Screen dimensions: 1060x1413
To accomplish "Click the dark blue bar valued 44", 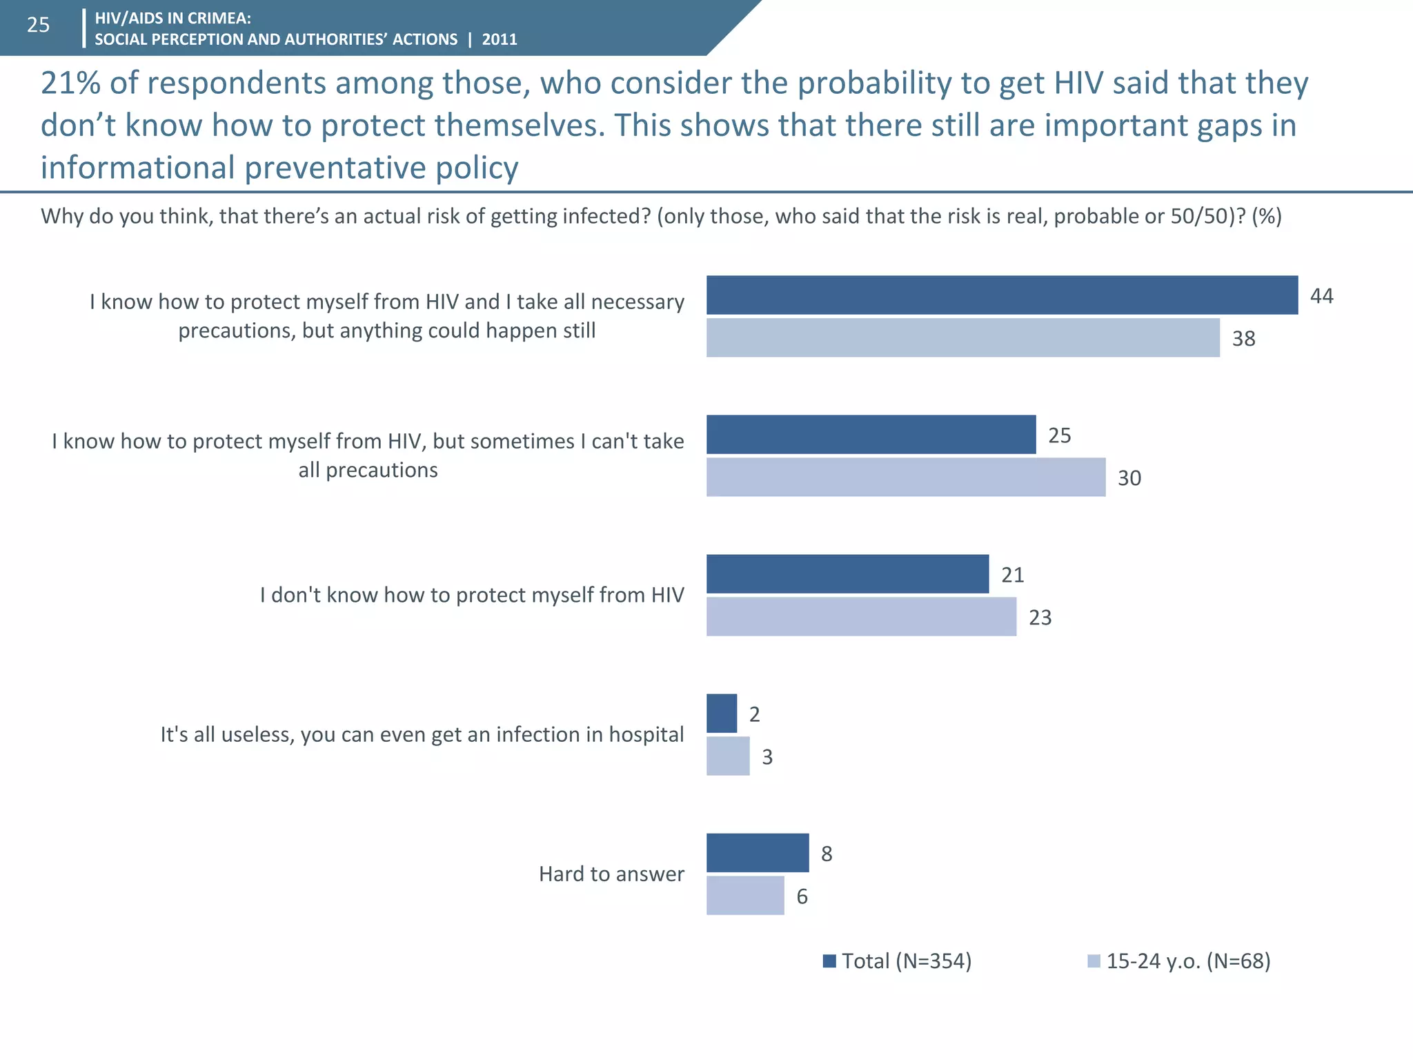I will point(1002,295).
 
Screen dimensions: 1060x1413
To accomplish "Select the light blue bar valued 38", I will point(962,338).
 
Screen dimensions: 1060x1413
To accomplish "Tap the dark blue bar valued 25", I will point(871,435).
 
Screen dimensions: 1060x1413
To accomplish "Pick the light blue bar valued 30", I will point(905,478).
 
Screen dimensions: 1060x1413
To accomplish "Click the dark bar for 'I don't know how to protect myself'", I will point(847,574).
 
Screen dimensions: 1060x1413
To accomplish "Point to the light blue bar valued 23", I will point(861,617).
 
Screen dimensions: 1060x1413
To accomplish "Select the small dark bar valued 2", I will point(722,714).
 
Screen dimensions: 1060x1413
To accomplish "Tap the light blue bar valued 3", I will point(728,756).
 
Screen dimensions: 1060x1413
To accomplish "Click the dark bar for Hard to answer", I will point(758,853).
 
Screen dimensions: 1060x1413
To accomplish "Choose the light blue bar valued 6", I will point(745,896).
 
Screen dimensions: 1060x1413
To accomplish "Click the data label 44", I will point(1321,296).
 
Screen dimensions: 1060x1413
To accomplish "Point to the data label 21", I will point(1012,575).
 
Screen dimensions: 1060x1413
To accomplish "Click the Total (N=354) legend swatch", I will point(829,961).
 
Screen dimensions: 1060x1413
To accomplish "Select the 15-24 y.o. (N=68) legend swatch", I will point(1094,961).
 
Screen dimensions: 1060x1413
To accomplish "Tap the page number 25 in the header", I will point(39,26).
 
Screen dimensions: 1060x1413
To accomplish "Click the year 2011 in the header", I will point(500,39).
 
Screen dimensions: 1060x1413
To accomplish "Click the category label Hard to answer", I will point(611,874).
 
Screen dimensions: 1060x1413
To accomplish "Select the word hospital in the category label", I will point(646,735).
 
